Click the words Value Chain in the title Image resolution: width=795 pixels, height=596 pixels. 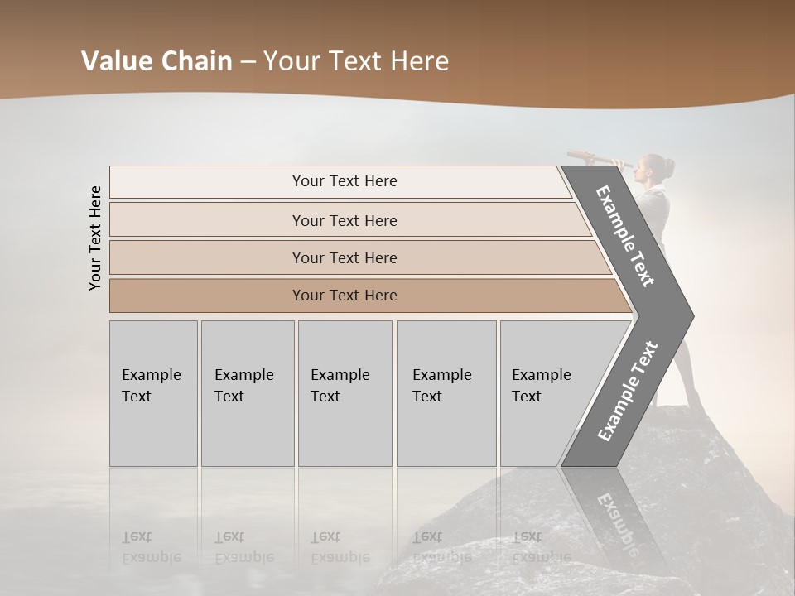coord(157,61)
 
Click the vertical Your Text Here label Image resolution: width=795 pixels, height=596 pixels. coord(95,238)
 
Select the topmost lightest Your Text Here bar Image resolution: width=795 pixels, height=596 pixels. coord(344,181)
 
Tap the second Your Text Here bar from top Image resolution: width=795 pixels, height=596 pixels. coord(344,220)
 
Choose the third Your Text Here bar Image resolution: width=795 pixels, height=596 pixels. coord(344,257)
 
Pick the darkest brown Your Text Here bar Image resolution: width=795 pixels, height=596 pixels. coord(344,295)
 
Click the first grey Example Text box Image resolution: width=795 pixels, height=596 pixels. coord(153,393)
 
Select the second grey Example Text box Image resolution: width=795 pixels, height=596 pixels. coord(247,393)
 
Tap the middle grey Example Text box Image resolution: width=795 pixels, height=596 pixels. coord(344,393)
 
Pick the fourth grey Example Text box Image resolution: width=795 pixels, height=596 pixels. coord(446,393)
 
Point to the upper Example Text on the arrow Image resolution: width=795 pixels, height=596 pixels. coord(625,236)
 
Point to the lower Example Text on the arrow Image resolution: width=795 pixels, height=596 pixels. coord(627,391)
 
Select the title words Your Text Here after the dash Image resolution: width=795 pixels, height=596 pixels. coord(356,61)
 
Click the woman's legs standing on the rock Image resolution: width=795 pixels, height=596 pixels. coord(684,364)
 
